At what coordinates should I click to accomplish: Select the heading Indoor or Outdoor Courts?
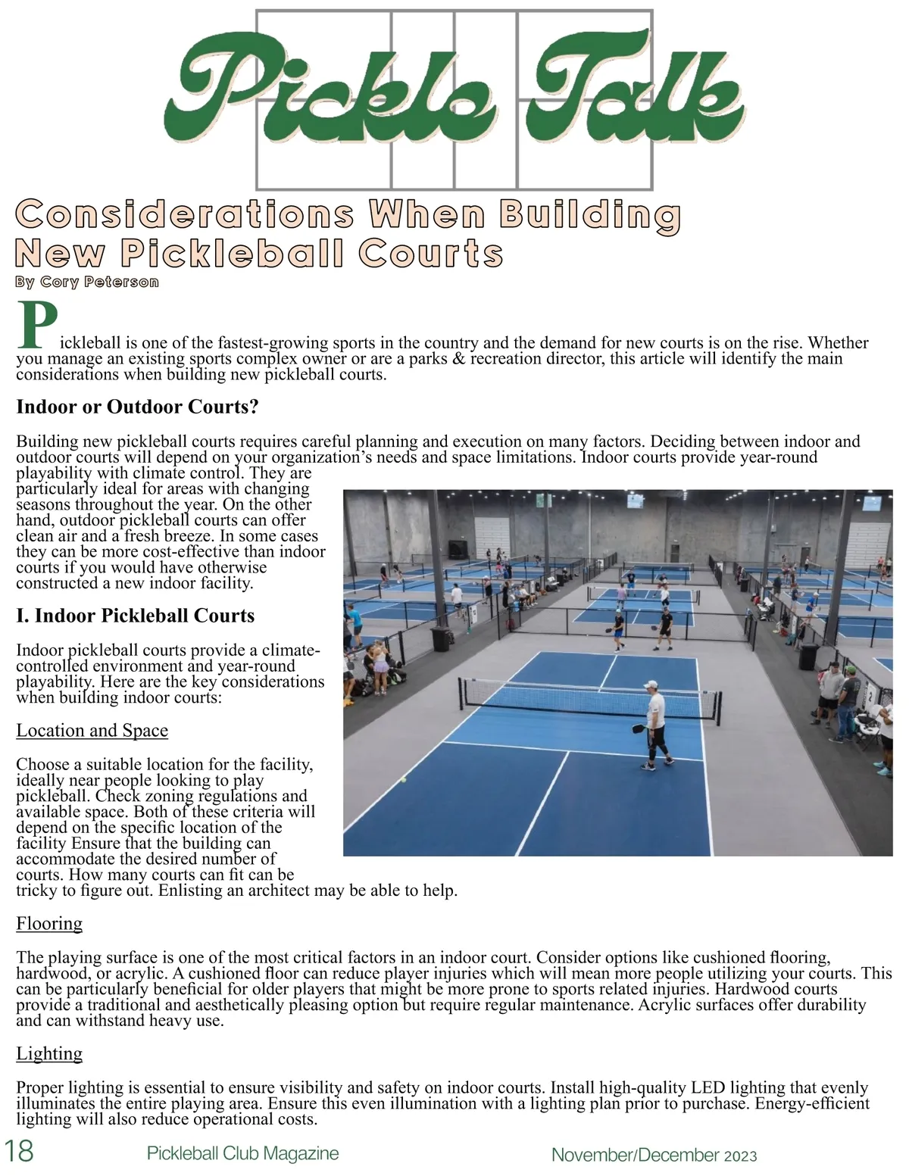[x=138, y=407]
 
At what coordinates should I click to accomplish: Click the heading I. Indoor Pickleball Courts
[x=135, y=615]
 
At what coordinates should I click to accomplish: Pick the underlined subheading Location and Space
[x=92, y=730]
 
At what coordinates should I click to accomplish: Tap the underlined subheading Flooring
[x=49, y=923]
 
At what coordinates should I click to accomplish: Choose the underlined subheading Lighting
[x=49, y=1053]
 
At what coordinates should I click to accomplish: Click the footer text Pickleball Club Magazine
[x=242, y=1153]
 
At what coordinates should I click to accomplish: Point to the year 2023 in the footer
[x=740, y=1156]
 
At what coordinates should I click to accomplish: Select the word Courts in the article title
[x=430, y=254]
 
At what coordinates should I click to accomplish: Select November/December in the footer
[x=635, y=1155]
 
